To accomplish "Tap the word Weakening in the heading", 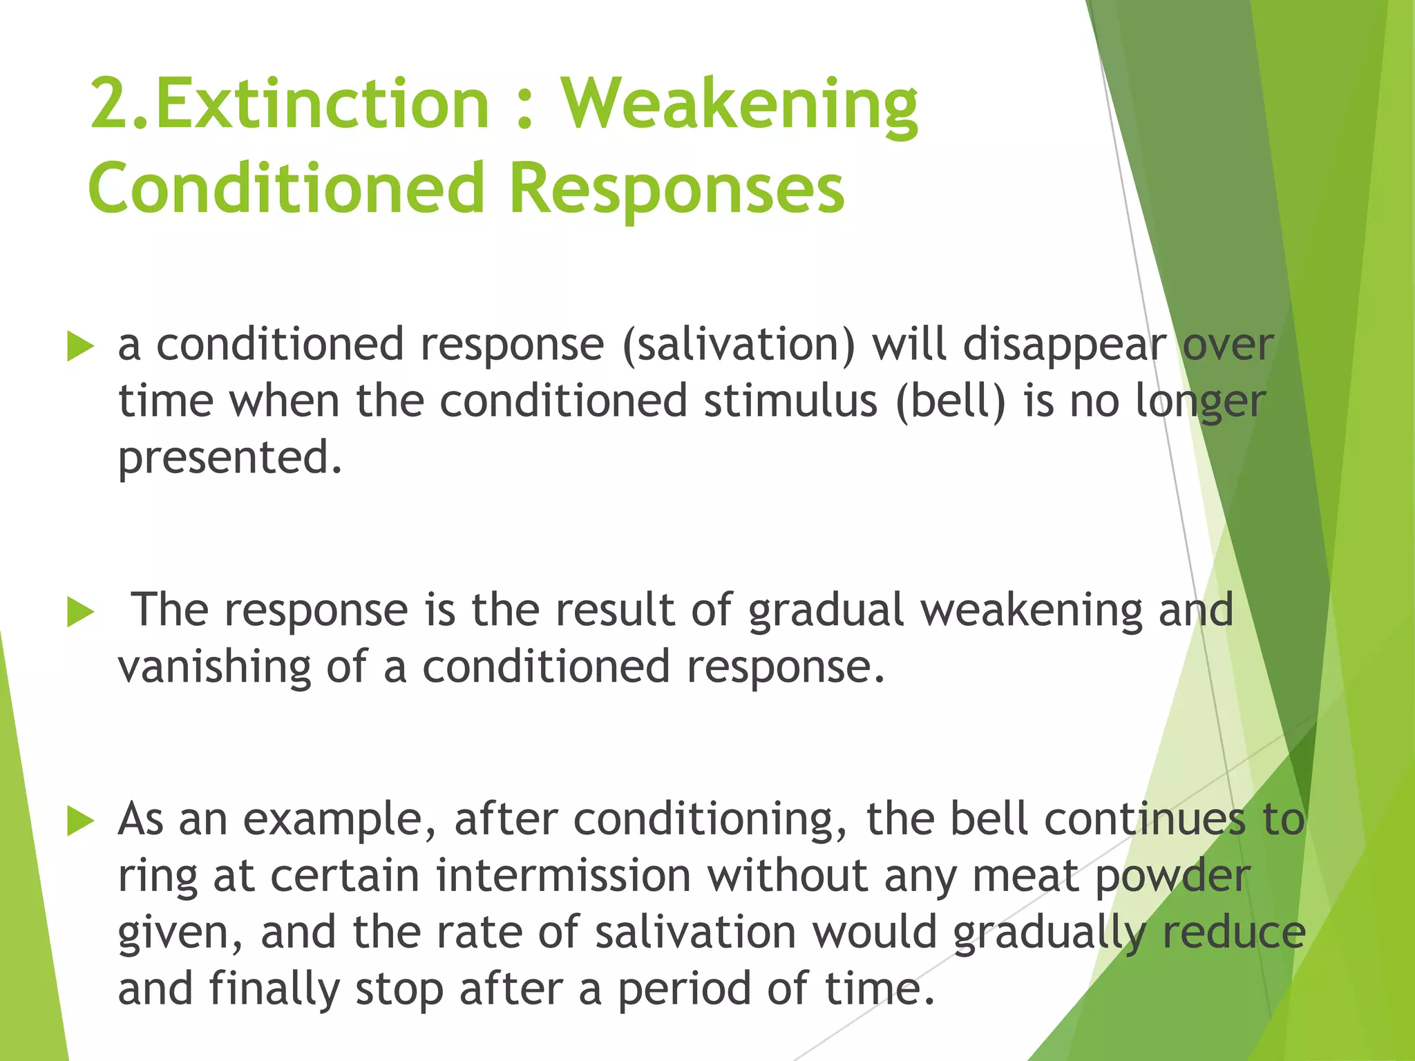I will coord(739,105).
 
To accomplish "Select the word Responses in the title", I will coord(676,189).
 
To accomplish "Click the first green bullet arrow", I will coord(80,346).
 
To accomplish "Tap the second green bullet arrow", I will coord(80,612).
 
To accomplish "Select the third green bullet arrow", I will coord(80,821).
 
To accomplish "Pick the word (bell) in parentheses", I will coord(950,401).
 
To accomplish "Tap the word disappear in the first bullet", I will coord(1064,346).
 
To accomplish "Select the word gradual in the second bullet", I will coord(826,611).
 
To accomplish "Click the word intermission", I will coord(563,876).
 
